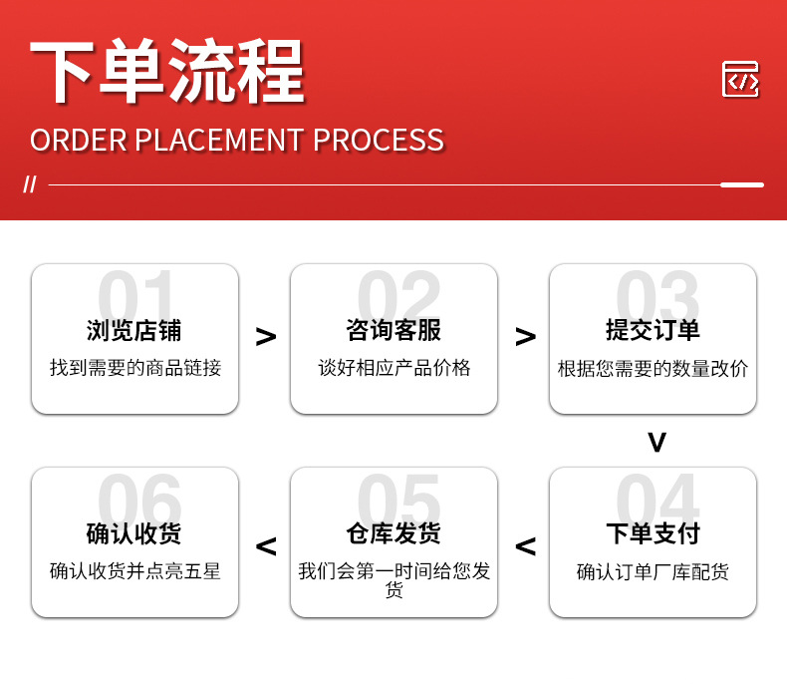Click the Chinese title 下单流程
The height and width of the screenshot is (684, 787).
(x=167, y=71)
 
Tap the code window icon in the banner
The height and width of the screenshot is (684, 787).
(x=740, y=80)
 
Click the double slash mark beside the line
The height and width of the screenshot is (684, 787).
(x=30, y=184)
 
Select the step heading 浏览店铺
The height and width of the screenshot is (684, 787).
(x=134, y=331)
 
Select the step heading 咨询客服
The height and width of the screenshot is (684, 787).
(x=393, y=331)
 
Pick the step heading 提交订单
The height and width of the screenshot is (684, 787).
(x=653, y=331)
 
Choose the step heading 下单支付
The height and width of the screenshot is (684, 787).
(x=653, y=533)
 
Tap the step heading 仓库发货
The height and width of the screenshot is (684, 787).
(x=393, y=533)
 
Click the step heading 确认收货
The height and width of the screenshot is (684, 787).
(x=134, y=533)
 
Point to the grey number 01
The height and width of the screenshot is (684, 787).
(x=135, y=295)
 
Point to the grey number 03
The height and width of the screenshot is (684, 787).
(x=657, y=295)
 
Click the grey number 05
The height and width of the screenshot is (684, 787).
(x=398, y=499)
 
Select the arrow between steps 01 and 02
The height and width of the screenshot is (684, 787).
(x=266, y=336)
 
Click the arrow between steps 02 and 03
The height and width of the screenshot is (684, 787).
(x=526, y=336)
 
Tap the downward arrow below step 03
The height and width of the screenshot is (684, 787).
(x=657, y=443)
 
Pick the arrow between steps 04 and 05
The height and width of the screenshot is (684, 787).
(x=526, y=546)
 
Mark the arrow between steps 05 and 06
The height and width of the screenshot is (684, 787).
(x=266, y=546)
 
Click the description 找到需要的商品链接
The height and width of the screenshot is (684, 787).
(x=135, y=368)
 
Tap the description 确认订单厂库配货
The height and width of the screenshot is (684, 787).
(x=653, y=572)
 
